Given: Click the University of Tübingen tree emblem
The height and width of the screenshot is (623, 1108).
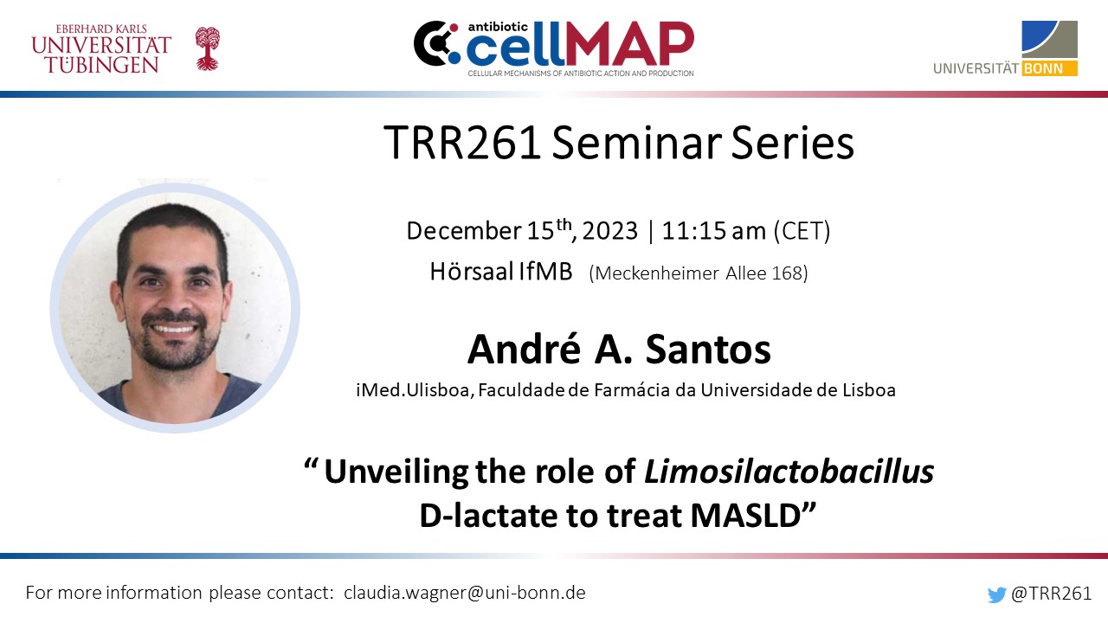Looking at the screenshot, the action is pos(207,48).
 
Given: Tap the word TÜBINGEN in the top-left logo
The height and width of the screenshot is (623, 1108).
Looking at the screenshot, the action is pos(101,65).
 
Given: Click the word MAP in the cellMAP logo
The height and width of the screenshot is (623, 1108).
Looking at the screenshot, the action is pos(630,43).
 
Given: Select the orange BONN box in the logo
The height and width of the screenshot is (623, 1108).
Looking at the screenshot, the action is pos(1049,68).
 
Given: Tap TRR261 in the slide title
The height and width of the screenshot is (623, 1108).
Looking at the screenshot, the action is pos(462,143).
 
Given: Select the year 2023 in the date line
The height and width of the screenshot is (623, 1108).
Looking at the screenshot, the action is pos(610,231).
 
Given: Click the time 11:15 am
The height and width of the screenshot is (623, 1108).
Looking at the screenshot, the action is pos(714,231).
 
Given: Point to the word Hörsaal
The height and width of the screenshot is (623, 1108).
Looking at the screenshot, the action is pos(472,272).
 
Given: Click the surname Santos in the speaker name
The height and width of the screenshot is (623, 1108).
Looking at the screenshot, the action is pos(708,349).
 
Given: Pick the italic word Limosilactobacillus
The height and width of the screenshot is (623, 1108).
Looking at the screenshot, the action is pos(789,472).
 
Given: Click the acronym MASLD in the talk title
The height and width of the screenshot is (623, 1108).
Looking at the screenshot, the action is pos(745,516).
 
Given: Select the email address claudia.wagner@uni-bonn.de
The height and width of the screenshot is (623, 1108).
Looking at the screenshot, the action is pos(465,593).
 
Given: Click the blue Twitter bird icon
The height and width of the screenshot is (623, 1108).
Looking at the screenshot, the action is pos(996,594).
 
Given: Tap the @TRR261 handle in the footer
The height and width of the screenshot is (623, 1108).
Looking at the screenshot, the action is pos(1051,594).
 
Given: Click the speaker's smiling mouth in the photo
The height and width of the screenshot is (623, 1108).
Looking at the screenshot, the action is pos(174,329).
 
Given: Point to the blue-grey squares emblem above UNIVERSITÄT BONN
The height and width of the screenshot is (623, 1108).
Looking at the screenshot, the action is pos(1049,40).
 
